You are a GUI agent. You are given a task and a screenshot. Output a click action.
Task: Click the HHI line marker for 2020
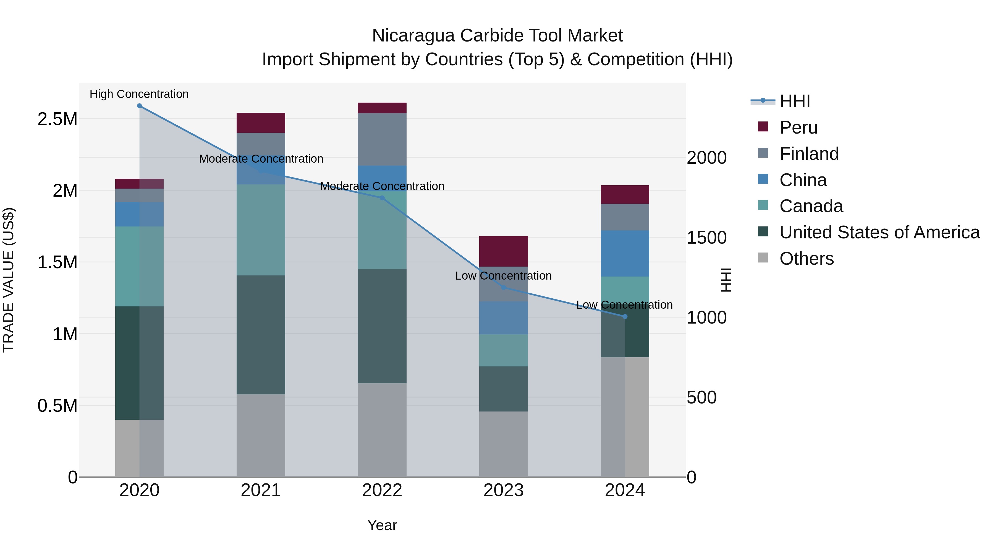pos(140,106)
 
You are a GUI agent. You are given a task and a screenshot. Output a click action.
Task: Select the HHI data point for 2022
pos(382,198)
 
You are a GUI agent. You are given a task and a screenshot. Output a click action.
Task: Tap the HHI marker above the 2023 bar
pos(503,288)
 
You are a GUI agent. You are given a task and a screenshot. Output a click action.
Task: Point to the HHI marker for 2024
pos(625,317)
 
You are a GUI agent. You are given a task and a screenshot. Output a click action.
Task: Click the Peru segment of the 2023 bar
pos(503,251)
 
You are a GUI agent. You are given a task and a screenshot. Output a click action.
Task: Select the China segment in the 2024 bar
pos(625,254)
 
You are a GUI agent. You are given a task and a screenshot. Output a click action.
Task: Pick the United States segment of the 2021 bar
pos(261,335)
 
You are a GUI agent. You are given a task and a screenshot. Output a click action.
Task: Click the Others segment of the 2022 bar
pos(382,430)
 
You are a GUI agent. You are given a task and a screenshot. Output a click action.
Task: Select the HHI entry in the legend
pos(795,101)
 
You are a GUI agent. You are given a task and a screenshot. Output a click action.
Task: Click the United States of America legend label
pos(879,232)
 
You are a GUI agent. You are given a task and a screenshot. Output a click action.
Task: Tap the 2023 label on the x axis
pos(503,490)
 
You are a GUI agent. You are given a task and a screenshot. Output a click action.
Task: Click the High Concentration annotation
pos(139,94)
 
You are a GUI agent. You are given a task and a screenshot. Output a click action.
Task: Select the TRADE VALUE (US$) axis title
pos(9,280)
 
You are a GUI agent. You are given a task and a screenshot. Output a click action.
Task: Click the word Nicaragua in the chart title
pos(413,36)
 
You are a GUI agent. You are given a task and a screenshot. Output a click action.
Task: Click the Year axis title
pos(382,525)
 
